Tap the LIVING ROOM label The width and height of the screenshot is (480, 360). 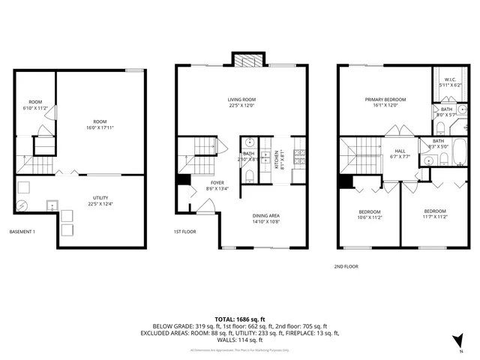[243, 99]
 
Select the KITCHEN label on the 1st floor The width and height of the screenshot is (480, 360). [276, 157]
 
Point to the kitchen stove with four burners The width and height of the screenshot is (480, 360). [298, 156]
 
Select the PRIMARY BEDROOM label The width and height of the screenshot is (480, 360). [385, 99]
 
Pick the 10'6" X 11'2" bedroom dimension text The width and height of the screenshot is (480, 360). [369, 217]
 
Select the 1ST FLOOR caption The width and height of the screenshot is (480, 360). [184, 232]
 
